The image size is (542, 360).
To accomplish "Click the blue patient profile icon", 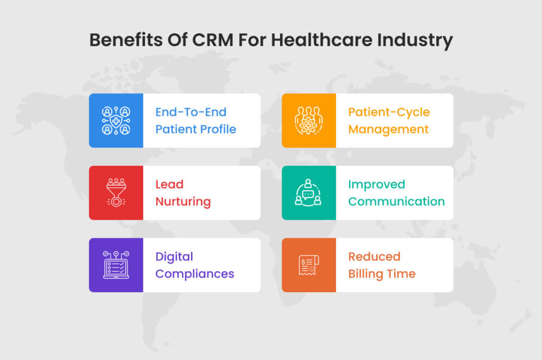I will (116, 121).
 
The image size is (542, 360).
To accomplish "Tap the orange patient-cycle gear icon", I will (309, 121).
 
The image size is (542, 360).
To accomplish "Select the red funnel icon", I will (116, 193).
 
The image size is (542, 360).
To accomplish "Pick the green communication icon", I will (309, 193).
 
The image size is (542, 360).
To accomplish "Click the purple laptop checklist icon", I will (116, 265).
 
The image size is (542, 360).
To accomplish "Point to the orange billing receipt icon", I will (309, 265).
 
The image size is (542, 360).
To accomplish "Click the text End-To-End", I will (191, 112).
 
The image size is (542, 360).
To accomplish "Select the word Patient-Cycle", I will (389, 112).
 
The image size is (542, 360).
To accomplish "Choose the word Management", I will (389, 129).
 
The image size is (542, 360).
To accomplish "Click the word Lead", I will (169, 184).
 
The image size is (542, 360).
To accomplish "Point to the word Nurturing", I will (183, 202).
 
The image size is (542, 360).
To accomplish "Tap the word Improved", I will (376, 184).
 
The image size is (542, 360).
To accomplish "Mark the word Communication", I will (396, 202).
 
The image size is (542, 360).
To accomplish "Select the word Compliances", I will (195, 274).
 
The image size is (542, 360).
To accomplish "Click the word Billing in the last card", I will (366, 274).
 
